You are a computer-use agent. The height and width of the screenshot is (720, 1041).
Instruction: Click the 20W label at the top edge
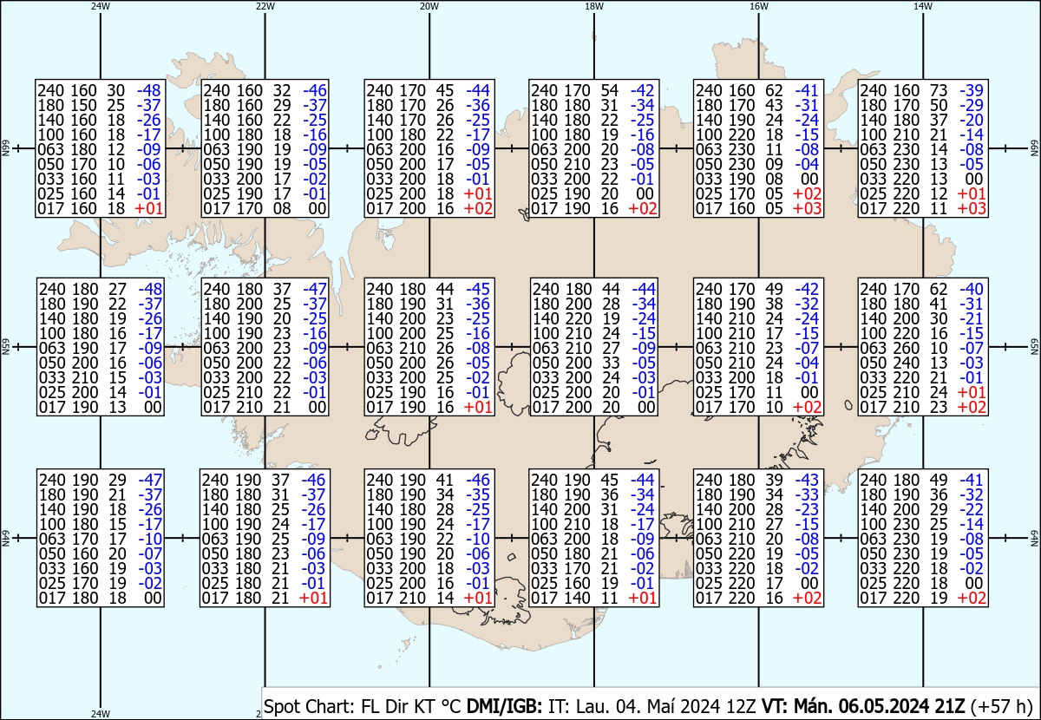[x=429, y=6]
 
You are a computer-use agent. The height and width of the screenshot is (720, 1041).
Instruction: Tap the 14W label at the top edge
[x=922, y=6]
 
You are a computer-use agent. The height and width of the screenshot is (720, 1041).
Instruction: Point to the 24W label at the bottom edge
[x=101, y=714]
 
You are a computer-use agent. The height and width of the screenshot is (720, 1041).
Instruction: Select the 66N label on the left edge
[x=5, y=149]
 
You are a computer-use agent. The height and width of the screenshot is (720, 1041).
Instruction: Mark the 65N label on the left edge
[x=5, y=347]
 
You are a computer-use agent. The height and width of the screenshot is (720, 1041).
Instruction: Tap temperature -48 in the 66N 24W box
[x=150, y=90]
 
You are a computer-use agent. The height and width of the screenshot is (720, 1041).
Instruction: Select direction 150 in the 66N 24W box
[x=85, y=105]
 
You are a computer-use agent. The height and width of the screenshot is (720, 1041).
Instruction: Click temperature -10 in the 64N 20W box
[x=478, y=539]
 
